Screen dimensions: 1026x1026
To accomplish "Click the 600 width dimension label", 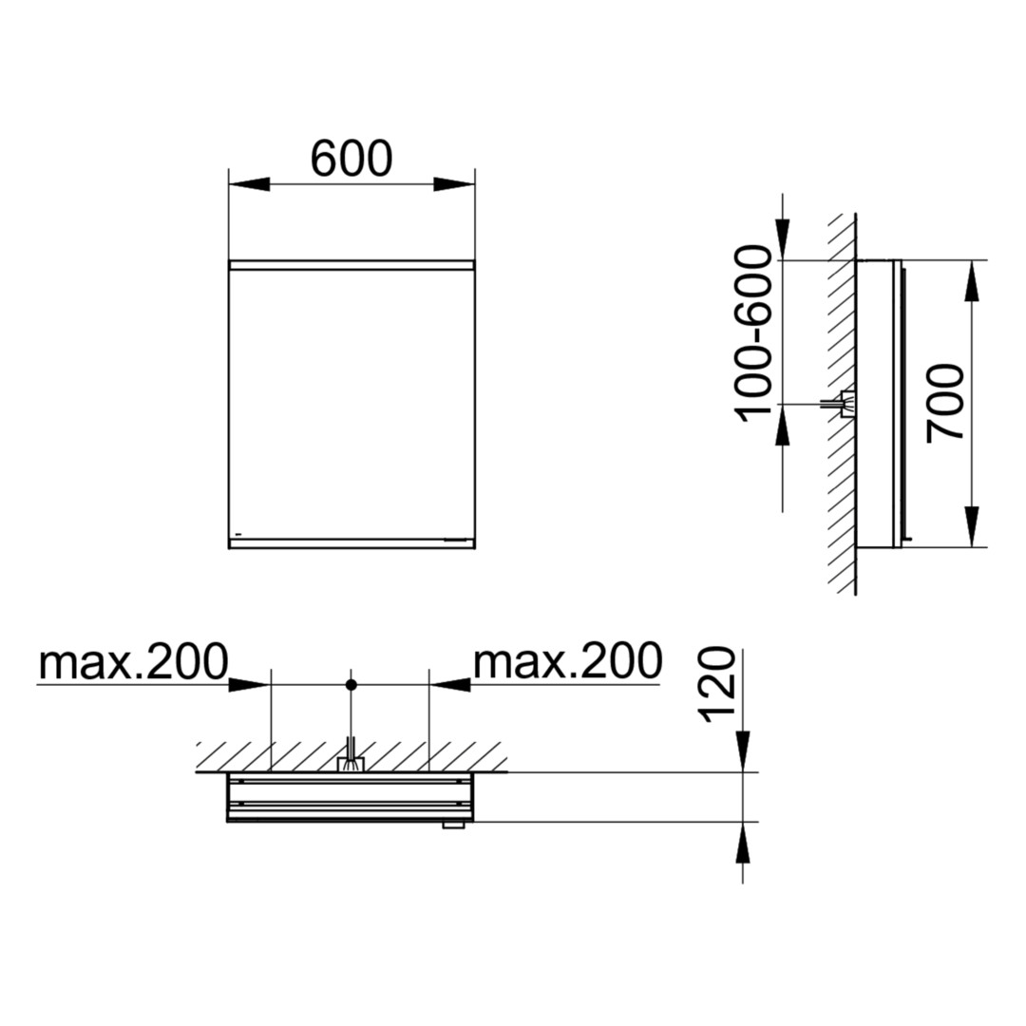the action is (351, 159).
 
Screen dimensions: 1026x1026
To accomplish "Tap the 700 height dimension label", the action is (945, 404).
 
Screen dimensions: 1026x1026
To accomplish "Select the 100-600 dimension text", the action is (753, 333).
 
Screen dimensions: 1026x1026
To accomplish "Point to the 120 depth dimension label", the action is (718, 685).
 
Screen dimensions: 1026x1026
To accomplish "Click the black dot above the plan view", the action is (351, 685).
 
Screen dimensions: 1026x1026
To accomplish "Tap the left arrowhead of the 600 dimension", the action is (249, 184).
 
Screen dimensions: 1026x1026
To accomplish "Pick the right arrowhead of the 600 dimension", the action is (454, 184).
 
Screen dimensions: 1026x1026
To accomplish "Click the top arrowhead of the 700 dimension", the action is (973, 281).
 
